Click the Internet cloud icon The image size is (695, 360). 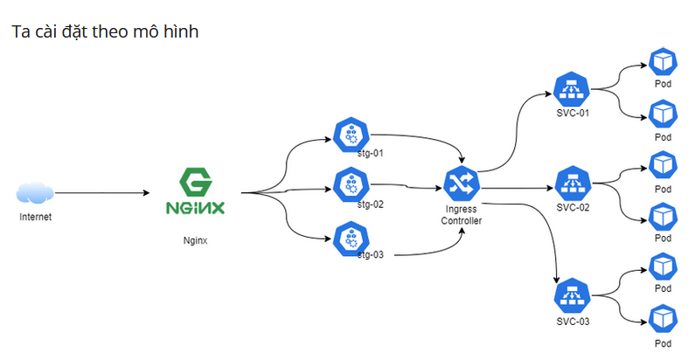(x=35, y=192)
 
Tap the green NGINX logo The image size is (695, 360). (x=195, y=193)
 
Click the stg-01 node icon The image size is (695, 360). (x=351, y=134)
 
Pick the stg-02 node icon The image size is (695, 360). (x=351, y=184)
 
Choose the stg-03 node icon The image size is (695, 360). (x=351, y=236)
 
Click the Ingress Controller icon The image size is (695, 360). (x=460, y=183)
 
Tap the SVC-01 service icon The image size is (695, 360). (x=573, y=90)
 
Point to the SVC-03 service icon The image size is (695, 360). (x=573, y=294)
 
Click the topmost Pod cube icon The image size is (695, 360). (x=663, y=61)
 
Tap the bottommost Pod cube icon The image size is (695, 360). (x=663, y=316)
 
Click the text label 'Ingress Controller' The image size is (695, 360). (x=461, y=215)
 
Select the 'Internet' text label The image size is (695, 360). (x=35, y=217)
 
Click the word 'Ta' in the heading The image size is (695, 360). (x=19, y=31)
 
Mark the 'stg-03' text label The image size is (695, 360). (x=371, y=254)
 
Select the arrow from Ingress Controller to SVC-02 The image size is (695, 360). (x=516, y=187)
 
